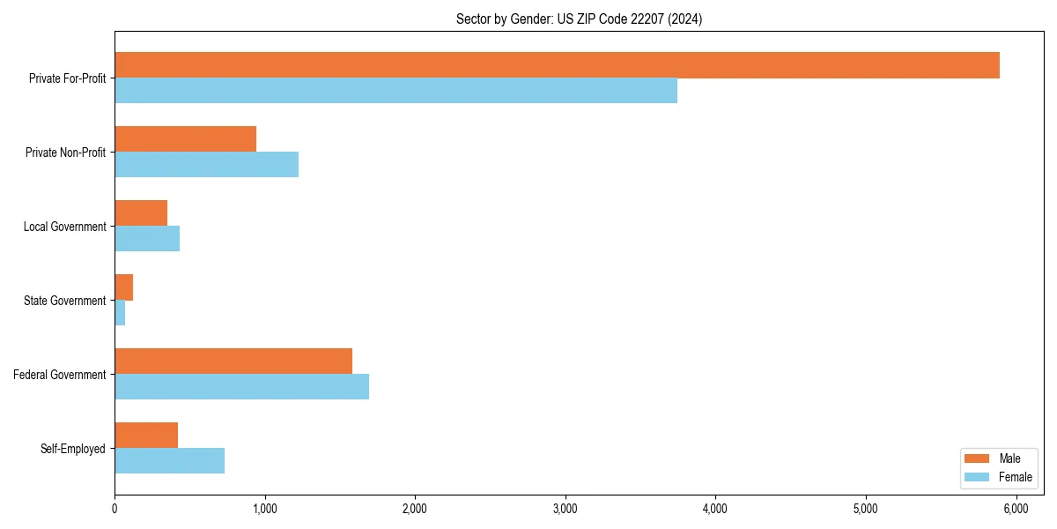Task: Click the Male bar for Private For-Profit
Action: tap(557, 65)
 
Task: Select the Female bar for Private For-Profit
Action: tap(395, 91)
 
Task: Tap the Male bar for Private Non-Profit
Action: tap(185, 139)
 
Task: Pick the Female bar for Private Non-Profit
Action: tap(206, 165)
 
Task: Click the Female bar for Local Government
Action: tap(147, 239)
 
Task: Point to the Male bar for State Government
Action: tap(123, 287)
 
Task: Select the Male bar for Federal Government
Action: tap(233, 361)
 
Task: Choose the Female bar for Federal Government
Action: tap(241, 387)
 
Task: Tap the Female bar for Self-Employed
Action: tap(169, 461)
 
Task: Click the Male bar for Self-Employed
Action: tap(146, 436)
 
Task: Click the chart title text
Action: tap(579, 19)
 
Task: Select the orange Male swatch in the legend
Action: tap(978, 458)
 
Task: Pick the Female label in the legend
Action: tap(1015, 477)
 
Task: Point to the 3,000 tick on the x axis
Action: tap(565, 509)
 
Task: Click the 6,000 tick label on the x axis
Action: tap(1016, 509)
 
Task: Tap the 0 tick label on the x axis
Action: tap(115, 509)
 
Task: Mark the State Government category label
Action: tap(64, 301)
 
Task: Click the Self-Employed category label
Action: tap(73, 449)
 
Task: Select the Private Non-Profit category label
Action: tap(65, 153)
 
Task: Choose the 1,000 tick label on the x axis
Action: tap(264, 509)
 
